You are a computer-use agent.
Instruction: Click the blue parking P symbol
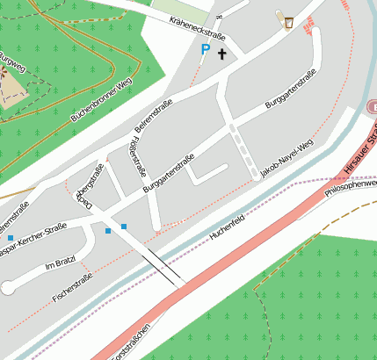tap(205, 50)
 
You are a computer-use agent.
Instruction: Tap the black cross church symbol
tap(221, 54)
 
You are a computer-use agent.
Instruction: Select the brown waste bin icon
tap(288, 20)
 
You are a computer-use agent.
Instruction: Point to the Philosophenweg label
tap(351, 188)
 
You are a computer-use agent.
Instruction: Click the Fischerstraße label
tap(73, 288)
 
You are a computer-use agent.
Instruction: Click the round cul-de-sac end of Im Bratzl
tap(8, 286)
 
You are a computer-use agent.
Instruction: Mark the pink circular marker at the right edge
tap(372, 106)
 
